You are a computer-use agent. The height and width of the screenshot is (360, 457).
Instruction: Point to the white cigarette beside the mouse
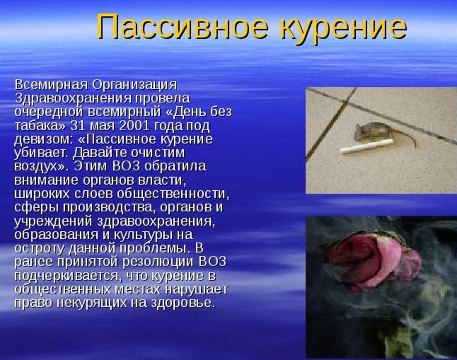point(367,146)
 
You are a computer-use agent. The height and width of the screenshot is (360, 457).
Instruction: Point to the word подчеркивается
point(66,276)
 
